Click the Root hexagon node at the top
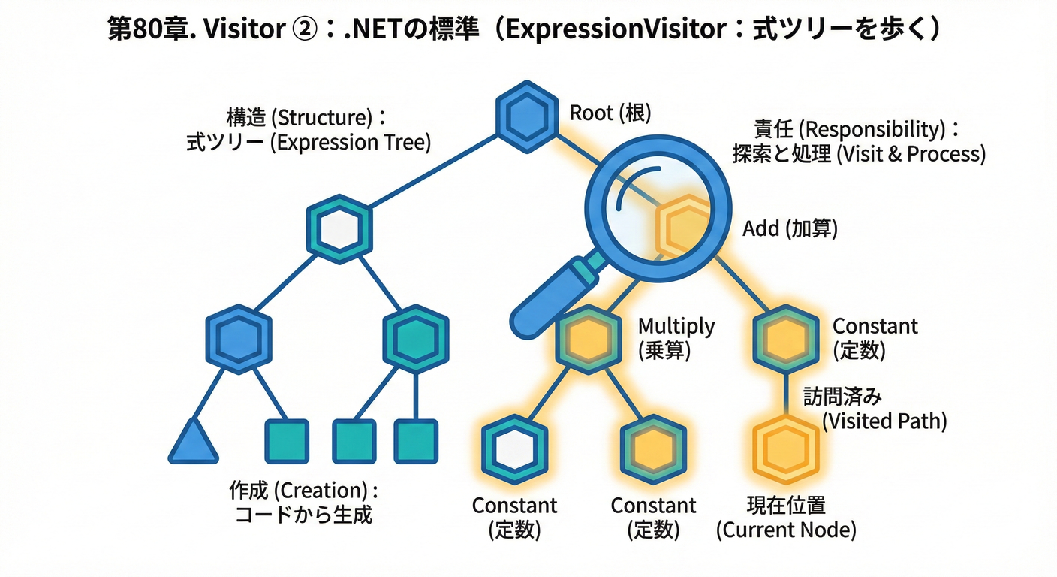tap(527, 116)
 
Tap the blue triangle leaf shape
tap(193, 442)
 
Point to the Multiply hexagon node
tap(589, 338)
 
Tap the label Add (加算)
tap(790, 228)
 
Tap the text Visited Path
tap(884, 421)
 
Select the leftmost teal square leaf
tap(287, 441)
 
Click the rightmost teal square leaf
tap(416, 441)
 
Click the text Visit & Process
tap(910, 154)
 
